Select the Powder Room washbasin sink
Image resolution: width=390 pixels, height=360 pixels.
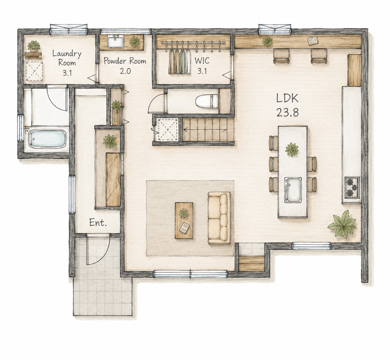pyautogui.click(x=116, y=41)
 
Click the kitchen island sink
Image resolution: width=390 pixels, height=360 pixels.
pyautogui.click(x=293, y=190)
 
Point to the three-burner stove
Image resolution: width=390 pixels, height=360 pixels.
pyautogui.click(x=352, y=187)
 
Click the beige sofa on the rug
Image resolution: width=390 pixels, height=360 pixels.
pyautogui.click(x=219, y=218)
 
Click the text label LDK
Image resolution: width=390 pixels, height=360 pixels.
pyautogui.click(x=287, y=98)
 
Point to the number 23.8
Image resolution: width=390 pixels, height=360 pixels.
pyautogui.click(x=288, y=113)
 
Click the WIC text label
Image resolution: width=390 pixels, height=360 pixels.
pyautogui.click(x=202, y=61)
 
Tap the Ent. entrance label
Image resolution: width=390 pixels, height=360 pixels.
pyautogui.click(x=98, y=223)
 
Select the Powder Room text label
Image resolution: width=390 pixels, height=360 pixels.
pyautogui.click(x=125, y=61)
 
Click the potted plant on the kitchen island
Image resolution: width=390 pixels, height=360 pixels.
pyautogui.click(x=292, y=150)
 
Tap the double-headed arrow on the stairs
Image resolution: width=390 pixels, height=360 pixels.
pyautogui.click(x=205, y=130)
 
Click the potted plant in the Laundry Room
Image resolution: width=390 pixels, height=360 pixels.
pyautogui.click(x=34, y=46)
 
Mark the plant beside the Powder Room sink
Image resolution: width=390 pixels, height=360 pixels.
pyautogui.click(x=134, y=42)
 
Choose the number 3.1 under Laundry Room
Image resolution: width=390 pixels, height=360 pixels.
pyautogui.click(x=67, y=73)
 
